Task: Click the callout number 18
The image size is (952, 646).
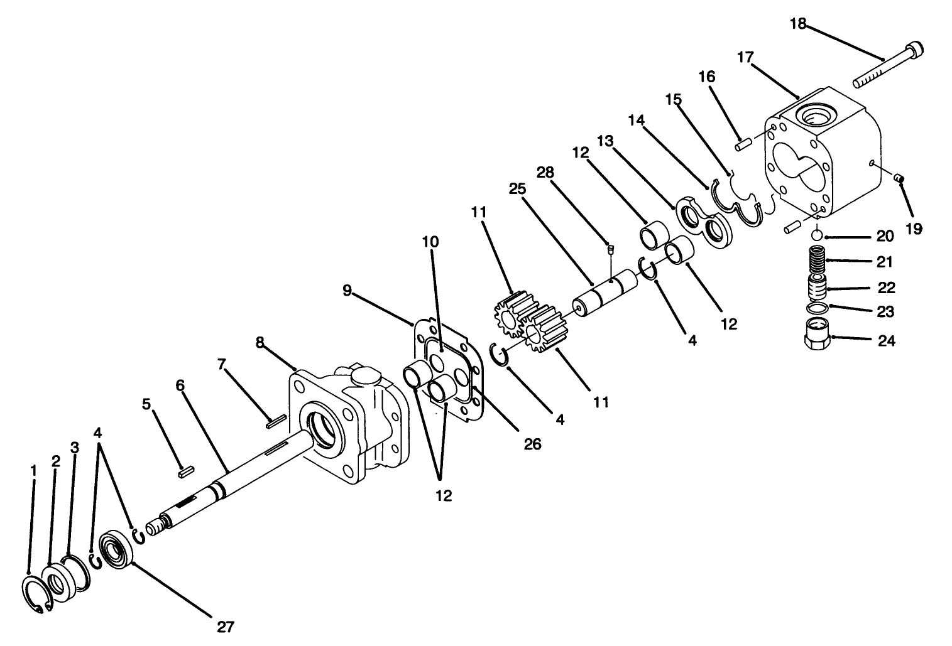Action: pos(797,24)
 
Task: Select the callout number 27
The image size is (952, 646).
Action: pos(226,626)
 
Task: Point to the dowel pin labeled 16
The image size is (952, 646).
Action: pos(743,144)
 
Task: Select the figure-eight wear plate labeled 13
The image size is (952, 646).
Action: pos(704,222)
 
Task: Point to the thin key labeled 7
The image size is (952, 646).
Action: pos(276,420)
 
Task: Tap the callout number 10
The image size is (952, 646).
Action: pos(430,242)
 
